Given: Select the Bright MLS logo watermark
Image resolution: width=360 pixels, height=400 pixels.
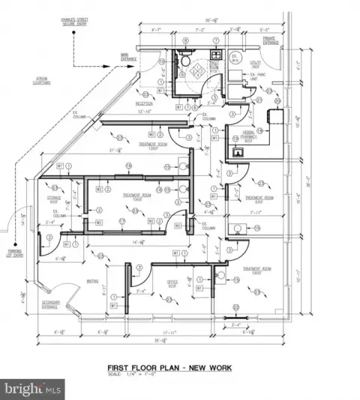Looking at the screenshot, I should pos(32,389).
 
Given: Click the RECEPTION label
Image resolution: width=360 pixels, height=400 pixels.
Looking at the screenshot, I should pos(144,103).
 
